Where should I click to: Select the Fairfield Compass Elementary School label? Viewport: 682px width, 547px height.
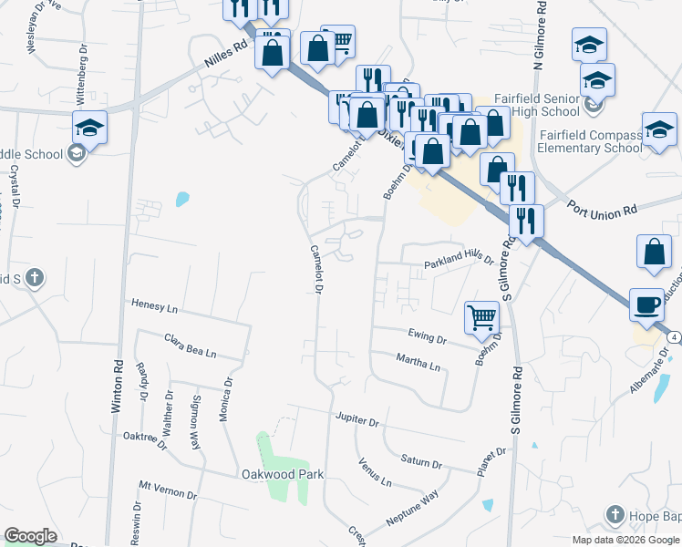[x=590, y=141]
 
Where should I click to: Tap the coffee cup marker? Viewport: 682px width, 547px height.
[x=646, y=304]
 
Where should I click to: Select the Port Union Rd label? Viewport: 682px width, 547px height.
[x=602, y=212]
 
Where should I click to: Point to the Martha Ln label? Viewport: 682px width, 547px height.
[x=418, y=363]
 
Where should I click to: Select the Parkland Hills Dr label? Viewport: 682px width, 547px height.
[x=458, y=263]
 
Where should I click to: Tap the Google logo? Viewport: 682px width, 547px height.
[x=30, y=536]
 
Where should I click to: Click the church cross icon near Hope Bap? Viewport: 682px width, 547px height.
[x=615, y=516]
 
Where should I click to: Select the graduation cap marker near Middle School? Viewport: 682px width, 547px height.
[x=90, y=129]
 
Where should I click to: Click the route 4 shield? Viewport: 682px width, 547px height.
[x=673, y=337]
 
